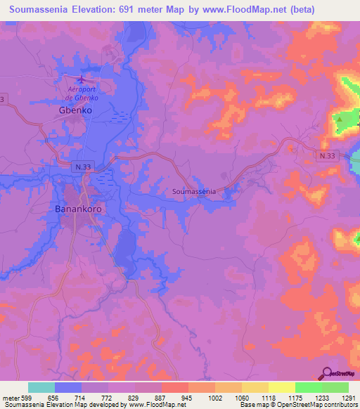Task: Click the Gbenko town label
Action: [x=75, y=110]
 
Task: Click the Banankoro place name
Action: [x=80, y=209]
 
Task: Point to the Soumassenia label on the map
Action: [x=194, y=190]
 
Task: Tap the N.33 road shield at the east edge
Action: [x=326, y=157]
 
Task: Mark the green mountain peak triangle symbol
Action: [x=340, y=119]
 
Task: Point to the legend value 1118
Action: [x=268, y=397]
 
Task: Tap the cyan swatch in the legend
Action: [x=41, y=387]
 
